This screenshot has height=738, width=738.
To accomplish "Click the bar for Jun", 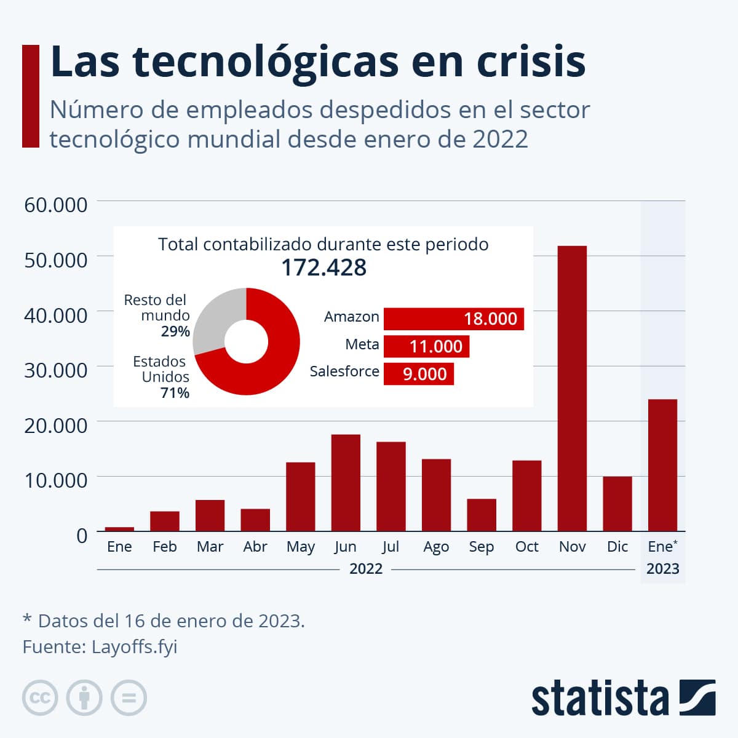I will coord(346,483).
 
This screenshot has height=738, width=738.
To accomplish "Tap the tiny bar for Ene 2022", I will coord(119,529).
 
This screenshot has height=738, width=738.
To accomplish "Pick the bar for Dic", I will coord(617,504).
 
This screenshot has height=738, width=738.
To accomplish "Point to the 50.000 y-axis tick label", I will coord(56,260).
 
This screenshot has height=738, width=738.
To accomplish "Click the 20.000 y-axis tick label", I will coord(56,425).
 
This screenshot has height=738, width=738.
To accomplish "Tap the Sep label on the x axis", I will coord(481,547).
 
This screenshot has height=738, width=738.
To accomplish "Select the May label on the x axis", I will coord(300,547).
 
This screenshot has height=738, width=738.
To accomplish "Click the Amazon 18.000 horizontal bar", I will coord(453,319).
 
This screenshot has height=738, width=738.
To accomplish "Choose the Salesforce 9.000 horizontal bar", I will coord(419,374).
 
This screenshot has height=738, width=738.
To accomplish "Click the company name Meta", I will coord(362,344).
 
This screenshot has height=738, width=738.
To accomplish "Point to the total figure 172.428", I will coord(323,268).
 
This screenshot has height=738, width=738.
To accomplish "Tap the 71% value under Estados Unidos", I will coord(175,392).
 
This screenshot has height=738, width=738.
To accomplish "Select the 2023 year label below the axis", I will coord(662,568).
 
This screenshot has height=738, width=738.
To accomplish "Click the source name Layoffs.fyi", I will coord(134,647).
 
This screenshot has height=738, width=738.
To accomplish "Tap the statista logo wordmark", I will coord(600,699).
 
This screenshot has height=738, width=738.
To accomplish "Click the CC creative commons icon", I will coord(40,698).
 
